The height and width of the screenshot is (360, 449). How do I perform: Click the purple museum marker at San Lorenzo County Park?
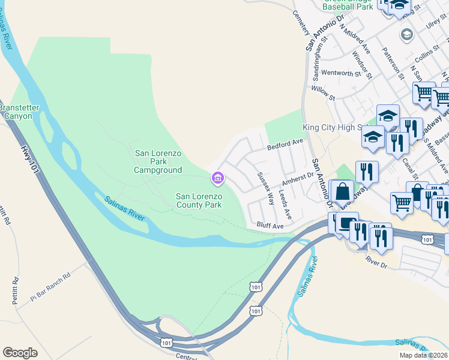point(217,178)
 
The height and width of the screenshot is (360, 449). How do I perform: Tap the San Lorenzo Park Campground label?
point(158,162)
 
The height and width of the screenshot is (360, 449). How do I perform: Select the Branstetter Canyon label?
point(19,112)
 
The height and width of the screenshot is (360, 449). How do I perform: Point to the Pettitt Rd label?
point(6,216)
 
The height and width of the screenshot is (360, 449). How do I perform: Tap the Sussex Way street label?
point(265,188)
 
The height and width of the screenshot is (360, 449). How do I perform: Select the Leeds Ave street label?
point(285,205)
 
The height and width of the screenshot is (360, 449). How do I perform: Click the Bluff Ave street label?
point(270,226)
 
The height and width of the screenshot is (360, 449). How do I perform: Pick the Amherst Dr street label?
point(298,180)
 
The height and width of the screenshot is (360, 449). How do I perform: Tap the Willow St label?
point(323,91)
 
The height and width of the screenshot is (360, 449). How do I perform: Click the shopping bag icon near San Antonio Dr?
point(342,193)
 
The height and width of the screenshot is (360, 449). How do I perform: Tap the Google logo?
point(20,353)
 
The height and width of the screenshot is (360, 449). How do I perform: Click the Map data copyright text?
point(424,355)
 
